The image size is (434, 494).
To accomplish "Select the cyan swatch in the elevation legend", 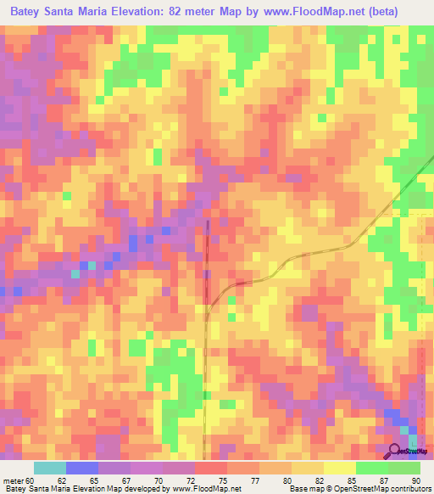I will [49, 468].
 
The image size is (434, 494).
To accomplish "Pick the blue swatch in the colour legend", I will [81, 468].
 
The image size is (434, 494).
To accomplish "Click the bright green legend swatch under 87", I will [371, 468].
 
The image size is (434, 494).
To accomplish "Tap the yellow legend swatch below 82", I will [307, 468].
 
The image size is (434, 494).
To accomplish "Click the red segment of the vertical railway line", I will [206, 255].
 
